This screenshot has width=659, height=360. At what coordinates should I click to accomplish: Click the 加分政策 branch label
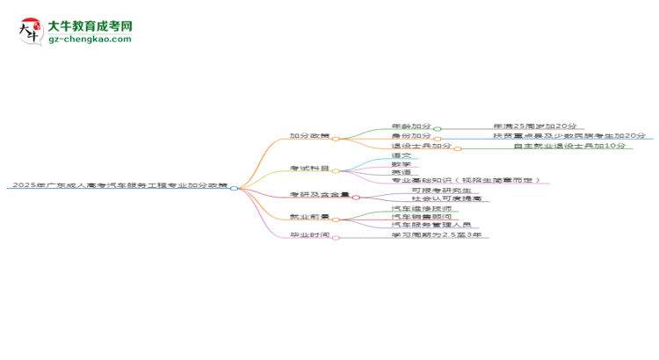coord(309,137)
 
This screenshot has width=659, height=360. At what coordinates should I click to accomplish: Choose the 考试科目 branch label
coord(309,169)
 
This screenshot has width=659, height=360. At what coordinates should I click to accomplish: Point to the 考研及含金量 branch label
coord(320,195)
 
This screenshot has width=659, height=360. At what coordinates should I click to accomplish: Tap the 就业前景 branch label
coord(309,216)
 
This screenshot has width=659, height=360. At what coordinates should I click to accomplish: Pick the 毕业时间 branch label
coord(309,235)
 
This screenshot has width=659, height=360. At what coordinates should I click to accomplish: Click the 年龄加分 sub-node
coord(410,126)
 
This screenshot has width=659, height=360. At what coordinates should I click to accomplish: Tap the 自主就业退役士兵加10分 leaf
coord(569,146)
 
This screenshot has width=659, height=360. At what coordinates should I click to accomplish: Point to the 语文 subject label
coord(402,155)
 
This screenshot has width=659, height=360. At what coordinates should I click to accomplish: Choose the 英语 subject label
coord(402,172)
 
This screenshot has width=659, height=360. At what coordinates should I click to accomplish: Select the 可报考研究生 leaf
coord(441,191)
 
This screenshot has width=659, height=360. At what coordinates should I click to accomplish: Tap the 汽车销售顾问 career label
coord(421,217)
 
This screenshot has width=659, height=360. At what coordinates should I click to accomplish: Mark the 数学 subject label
coord(402,164)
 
